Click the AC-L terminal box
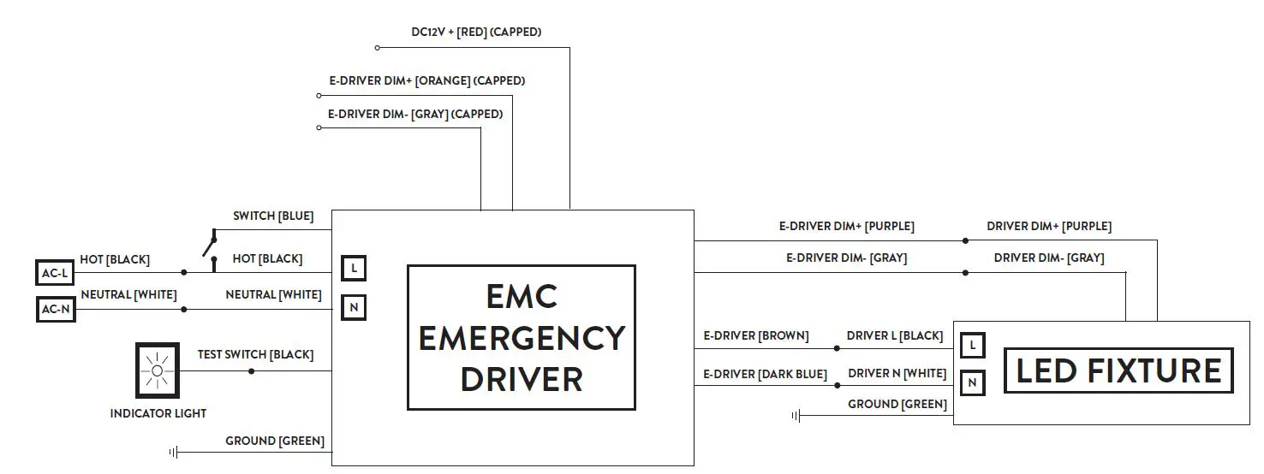[55, 273]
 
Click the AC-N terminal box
[55, 309]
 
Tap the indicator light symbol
[157, 370]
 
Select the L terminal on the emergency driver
[354, 269]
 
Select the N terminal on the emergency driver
[354, 306]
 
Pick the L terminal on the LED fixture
[972, 346]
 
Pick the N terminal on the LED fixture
[972, 382]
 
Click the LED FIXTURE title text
[1118, 370]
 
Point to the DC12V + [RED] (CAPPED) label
[476, 33]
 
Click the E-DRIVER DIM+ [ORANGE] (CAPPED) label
[426, 81]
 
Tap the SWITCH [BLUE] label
[273, 216]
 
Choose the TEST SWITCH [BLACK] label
[255, 354]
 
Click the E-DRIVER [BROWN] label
[755, 336]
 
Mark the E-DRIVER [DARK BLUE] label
[765, 374]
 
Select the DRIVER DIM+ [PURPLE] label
[1049, 227]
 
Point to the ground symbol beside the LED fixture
[796, 417]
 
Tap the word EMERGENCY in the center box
[521, 338]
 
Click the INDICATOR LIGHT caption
[158, 413]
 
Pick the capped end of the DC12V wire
[377, 48]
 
